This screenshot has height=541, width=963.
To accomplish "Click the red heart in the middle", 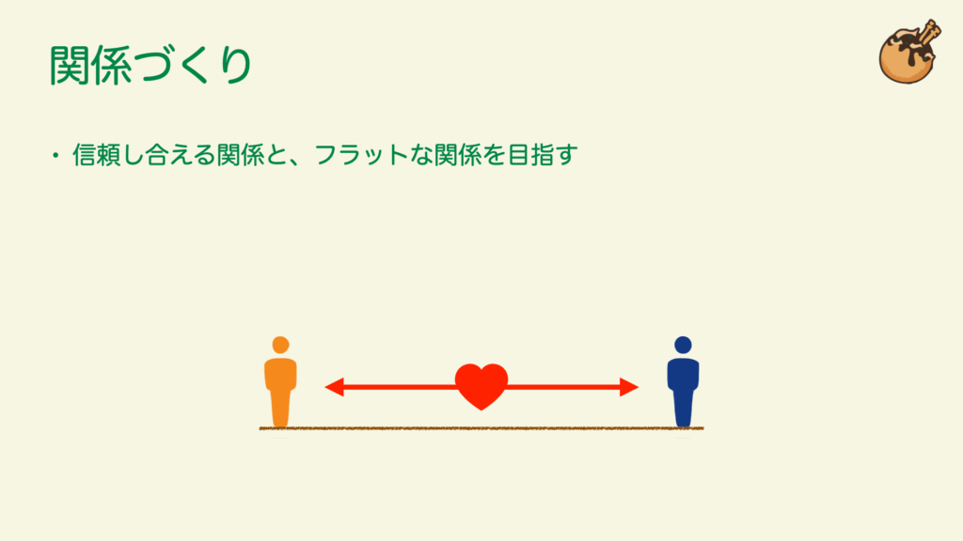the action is [x=481, y=386].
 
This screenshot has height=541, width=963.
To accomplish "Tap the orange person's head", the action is [x=280, y=345].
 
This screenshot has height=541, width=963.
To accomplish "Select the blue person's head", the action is [x=683, y=345].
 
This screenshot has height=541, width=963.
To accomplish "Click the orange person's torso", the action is [x=280, y=374].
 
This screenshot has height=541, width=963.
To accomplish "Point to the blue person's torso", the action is [x=683, y=374].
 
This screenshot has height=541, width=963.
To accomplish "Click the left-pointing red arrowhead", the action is [x=334, y=387].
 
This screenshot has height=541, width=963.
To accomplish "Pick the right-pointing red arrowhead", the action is [x=629, y=387].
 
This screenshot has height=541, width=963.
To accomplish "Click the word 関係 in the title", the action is [x=91, y=65].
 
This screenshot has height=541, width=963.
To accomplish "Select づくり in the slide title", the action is [x=193, y=65].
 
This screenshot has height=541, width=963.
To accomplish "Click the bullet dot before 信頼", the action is [x=55, y=155].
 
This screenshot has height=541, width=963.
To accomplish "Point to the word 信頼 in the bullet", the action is [x=97, y=155].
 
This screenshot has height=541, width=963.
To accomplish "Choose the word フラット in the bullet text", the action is [x=361, y=155].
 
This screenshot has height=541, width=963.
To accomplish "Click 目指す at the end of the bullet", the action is [x=543, y=155].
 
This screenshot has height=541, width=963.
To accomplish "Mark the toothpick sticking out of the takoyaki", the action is [x=924, y=38].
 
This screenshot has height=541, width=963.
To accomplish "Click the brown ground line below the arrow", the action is [x=481, y=428].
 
